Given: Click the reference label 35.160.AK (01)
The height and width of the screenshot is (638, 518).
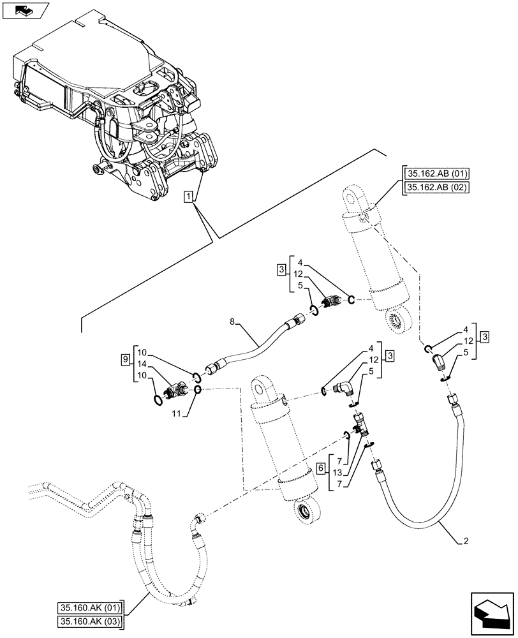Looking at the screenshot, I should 91,607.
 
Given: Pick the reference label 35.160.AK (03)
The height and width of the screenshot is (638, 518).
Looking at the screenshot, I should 91,621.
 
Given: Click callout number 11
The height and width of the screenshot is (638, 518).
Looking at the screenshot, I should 175,415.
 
